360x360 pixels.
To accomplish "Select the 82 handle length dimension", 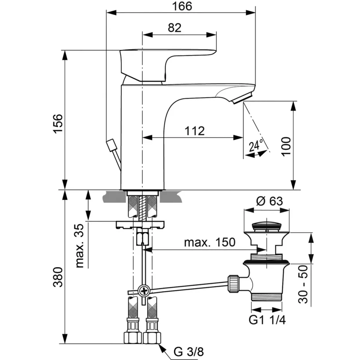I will (174, 28).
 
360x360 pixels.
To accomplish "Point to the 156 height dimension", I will (58, 124).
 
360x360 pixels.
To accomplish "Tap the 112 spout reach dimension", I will (195, 131).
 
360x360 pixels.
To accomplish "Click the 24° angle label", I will (256, 145).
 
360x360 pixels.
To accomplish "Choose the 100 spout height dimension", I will (286, 146).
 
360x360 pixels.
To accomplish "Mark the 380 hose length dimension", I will (58, 277).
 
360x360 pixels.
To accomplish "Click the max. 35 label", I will (79, 246).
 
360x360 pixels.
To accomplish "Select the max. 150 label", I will (210, 242).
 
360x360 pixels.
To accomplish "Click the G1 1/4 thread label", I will (267, 320).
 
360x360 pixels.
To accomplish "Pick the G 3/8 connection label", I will (189, 352).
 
